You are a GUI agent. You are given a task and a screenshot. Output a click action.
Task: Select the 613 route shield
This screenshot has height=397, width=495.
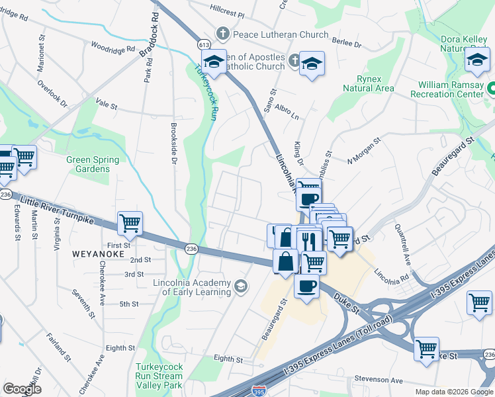pos(203,44)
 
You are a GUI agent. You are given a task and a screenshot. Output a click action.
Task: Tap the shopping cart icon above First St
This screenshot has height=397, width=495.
pos(130,224)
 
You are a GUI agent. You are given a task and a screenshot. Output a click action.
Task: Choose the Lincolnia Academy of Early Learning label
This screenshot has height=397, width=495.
pos(192,287)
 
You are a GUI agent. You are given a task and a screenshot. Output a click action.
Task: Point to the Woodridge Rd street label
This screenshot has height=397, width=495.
pos(112,48)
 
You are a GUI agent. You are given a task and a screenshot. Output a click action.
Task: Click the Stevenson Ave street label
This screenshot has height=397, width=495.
pos(378,380)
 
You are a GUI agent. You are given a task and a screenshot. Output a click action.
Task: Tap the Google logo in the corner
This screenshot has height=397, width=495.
pos(22,389)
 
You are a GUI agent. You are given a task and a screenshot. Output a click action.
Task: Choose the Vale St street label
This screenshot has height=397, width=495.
pos(106,105)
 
